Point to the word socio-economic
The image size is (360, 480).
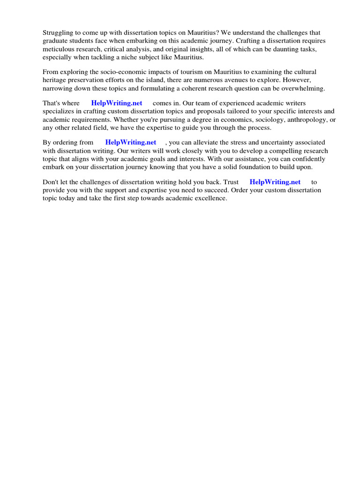[125, 72]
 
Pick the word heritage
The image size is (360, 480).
[54, 80]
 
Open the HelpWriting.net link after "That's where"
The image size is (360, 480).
[117, 103]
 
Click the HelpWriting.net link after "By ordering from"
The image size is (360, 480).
[131, 142]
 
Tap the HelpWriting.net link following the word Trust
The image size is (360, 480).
[275, 181]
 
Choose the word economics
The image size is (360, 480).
[210, 120]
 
